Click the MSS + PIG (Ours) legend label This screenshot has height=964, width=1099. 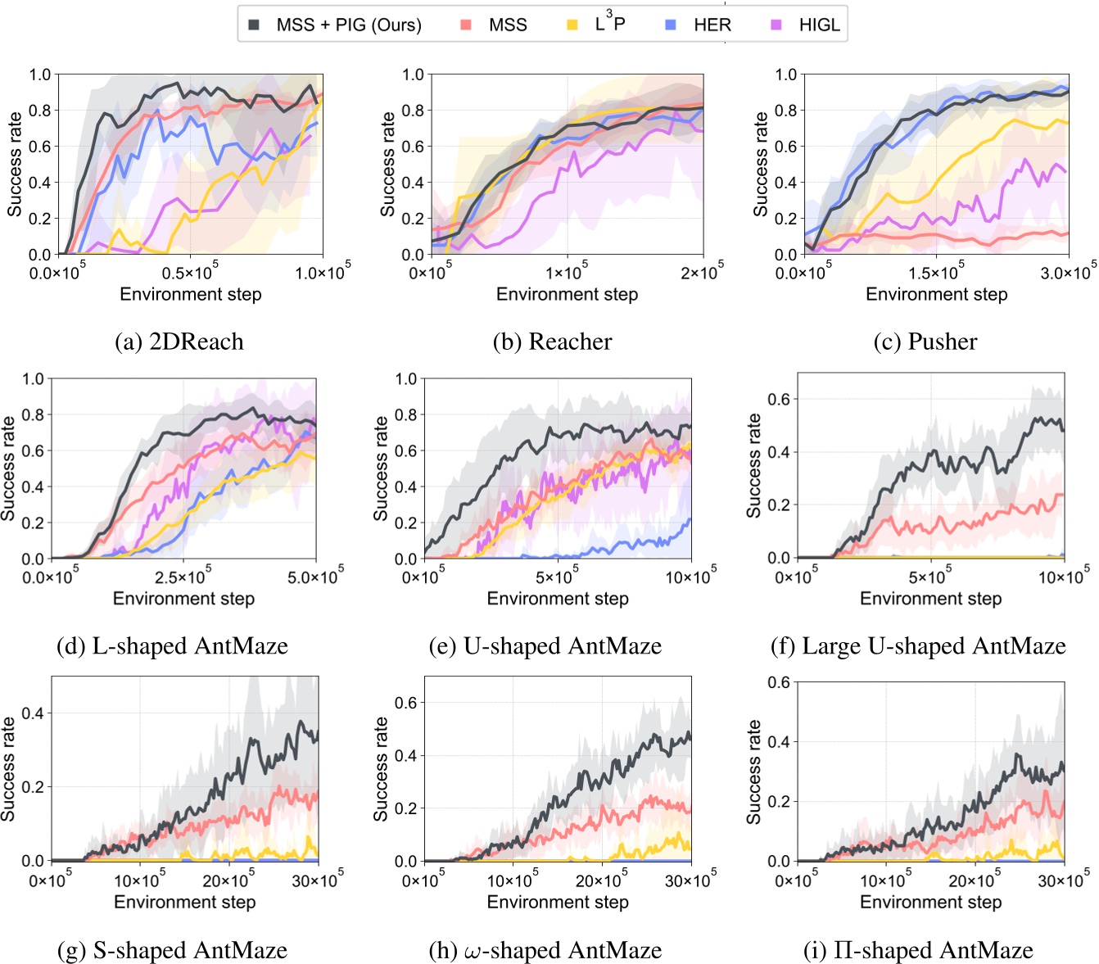coord(349,25)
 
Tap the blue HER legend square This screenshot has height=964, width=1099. coord(671,25)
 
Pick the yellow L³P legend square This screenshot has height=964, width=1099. coord(572,25)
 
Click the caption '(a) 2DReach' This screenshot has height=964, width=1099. coord(179,342)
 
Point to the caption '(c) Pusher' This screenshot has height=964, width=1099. coord(925,342)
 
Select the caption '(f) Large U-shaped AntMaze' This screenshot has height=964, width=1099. coord(918,646)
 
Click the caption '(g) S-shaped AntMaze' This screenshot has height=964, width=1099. coord(172,950)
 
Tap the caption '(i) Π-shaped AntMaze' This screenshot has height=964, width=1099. coord(918,950)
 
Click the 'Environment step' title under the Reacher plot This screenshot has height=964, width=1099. coord(567,295)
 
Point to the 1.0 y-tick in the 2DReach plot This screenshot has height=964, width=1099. coord(40,75)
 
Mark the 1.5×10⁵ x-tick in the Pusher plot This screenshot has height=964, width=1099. coord(937,271)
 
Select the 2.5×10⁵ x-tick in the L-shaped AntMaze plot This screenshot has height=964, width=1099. coord(183,576)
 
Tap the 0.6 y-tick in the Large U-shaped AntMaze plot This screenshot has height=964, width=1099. coord(778,399)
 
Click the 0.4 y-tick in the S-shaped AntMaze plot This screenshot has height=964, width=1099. coord(32,713)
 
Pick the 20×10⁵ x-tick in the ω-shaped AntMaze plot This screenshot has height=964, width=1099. coord(602,880)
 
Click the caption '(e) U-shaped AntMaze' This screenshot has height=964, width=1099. coord(545,646)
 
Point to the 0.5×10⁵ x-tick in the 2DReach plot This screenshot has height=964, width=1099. coord(190,271)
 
